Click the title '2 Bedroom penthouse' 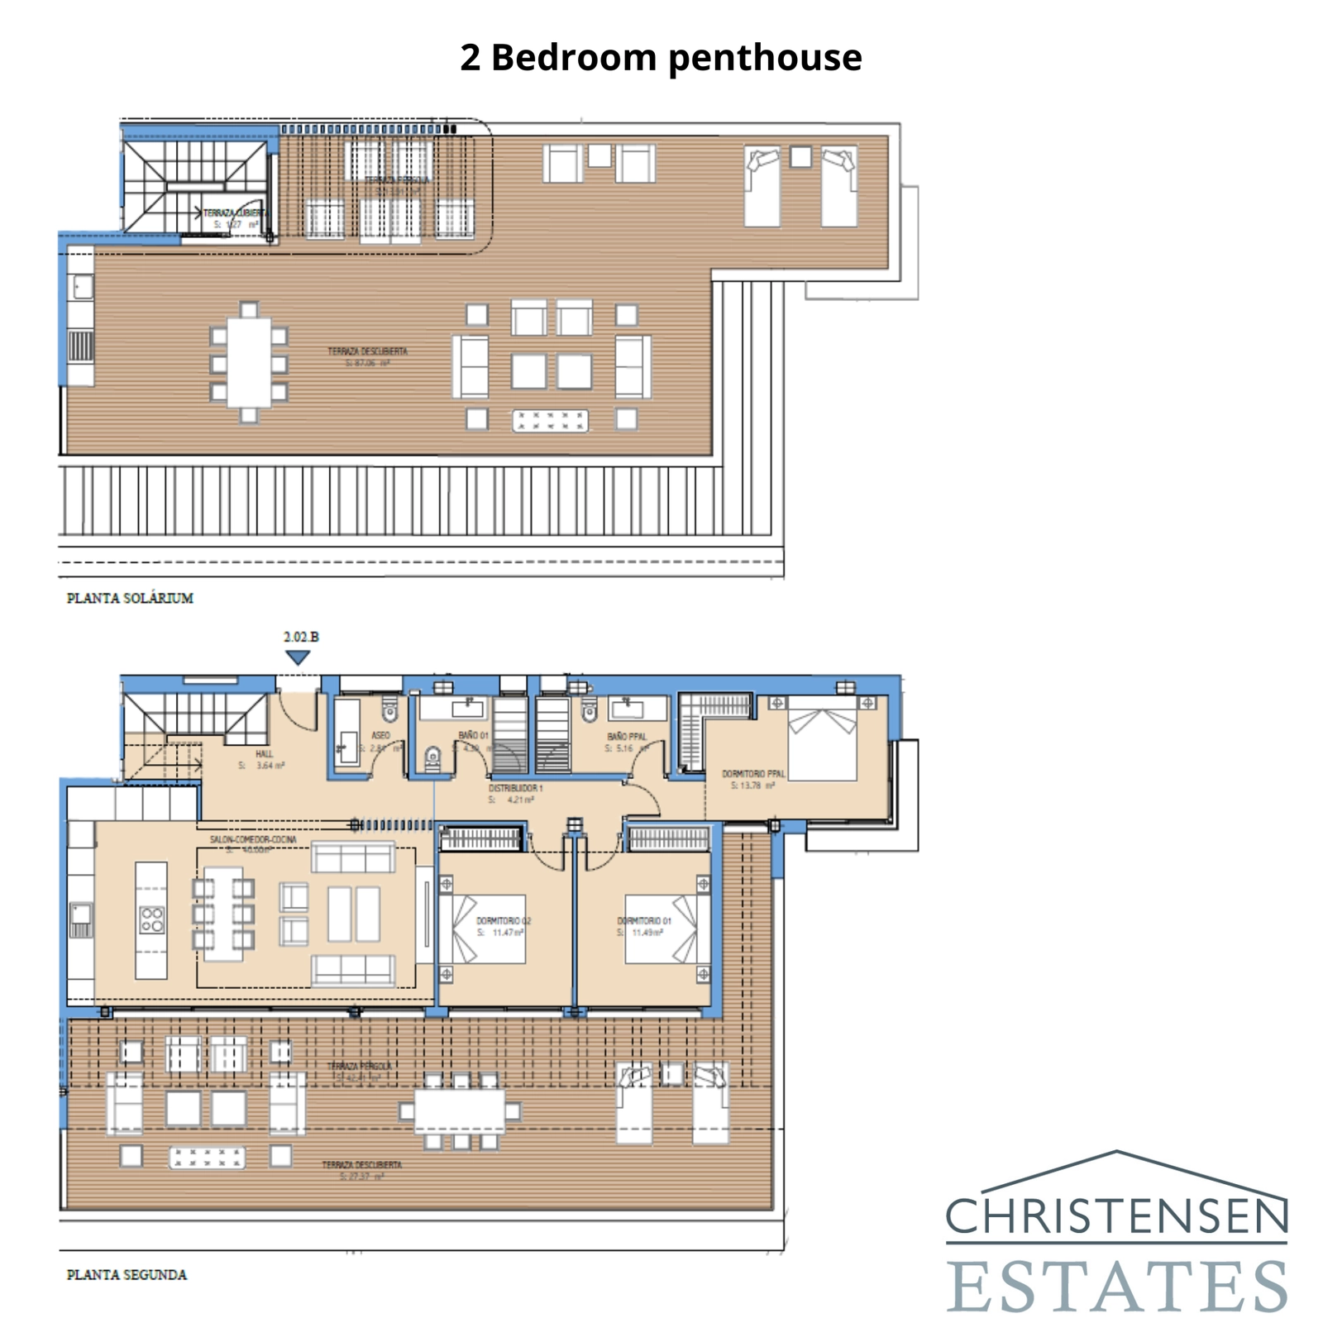[661, 58]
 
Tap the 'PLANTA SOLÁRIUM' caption [130, 598]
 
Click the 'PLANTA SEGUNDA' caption [127, 1274]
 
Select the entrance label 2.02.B [300, 637]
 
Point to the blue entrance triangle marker [298, 657]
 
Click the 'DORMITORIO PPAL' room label [752, 774]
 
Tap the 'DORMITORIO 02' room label [503, 920]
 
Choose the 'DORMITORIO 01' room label [644, 920]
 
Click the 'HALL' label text [264, 753]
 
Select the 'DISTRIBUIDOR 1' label [515, 788]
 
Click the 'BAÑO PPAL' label [626, 736]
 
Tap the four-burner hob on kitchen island [151, 919]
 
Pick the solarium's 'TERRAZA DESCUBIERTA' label [367, 351]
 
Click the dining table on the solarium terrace [249, 363]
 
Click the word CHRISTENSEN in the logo [1116, 1216]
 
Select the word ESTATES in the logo [1116, 1287]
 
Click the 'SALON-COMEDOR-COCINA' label [252, 839]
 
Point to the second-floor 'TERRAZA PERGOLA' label [359, 1066]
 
